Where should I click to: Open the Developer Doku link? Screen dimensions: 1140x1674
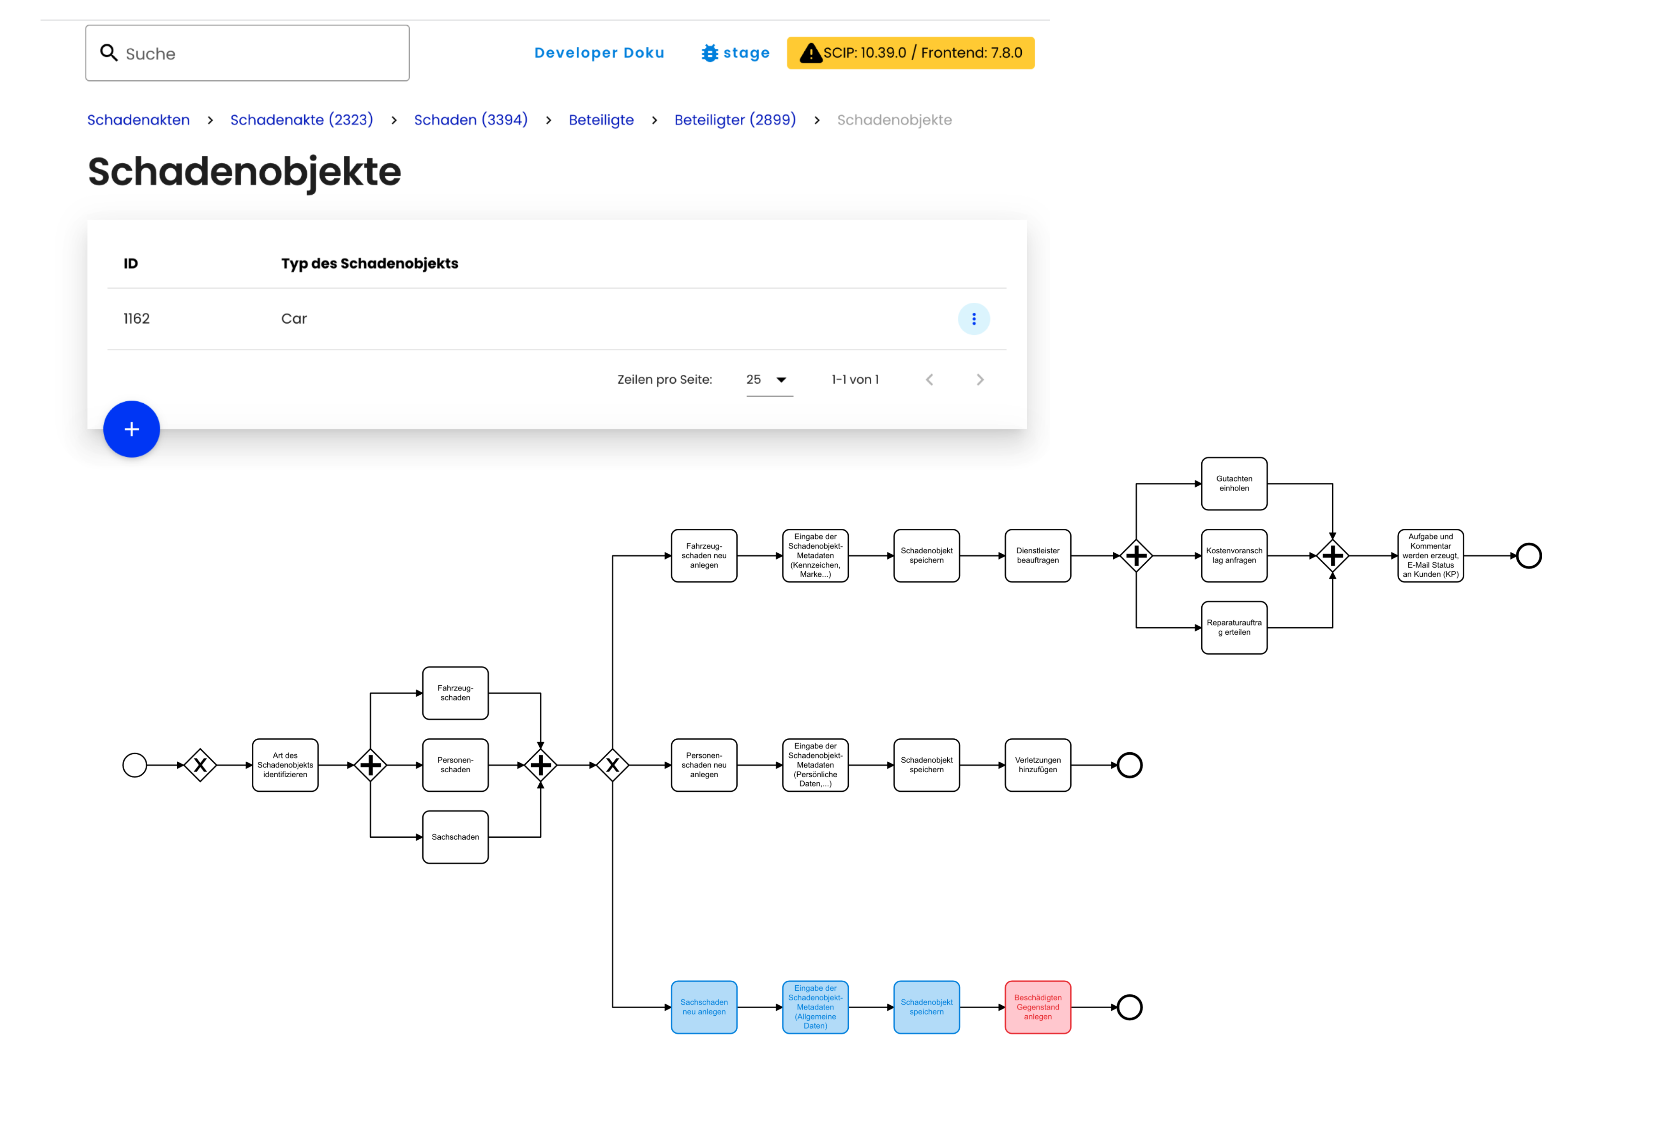pyautogui.click(x=599, y=53)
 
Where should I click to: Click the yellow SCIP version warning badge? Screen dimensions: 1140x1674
pyautogui.click(x=911, y=53)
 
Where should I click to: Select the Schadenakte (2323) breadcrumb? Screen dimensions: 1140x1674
pyautogui.click(x=301, y=120)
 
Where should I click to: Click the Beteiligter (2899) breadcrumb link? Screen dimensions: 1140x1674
pyautogui.click(x=735, y=120)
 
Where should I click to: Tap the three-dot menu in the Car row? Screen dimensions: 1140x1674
pyautogui.click(x=973, y=318)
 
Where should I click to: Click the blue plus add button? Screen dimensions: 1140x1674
pyautogui.click(x=131, y=429)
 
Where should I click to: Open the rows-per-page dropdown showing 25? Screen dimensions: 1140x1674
pyautogui.click(x=768, y=379)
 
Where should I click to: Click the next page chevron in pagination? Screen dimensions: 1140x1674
pyautogui.click(x=980, y=379)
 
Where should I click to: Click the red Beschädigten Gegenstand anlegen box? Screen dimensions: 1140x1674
pyautogui.click(x=1037, y=1007)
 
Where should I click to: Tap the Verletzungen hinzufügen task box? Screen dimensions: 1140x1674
pyautogui.click(x=1037, y=765)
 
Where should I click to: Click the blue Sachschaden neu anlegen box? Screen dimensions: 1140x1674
pyautogui.click(x=704, y=1007)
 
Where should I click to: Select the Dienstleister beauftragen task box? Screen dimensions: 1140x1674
pyautogui.click(x=1037, y=555)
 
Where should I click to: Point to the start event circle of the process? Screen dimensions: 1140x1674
pyautogui.click(x=135, y=765)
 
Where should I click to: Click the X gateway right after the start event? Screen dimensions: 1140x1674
pyautogui.click(x=200, y=765)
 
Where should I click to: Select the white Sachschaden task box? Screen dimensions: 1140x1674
pyautogui.click(x=455, y=837)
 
